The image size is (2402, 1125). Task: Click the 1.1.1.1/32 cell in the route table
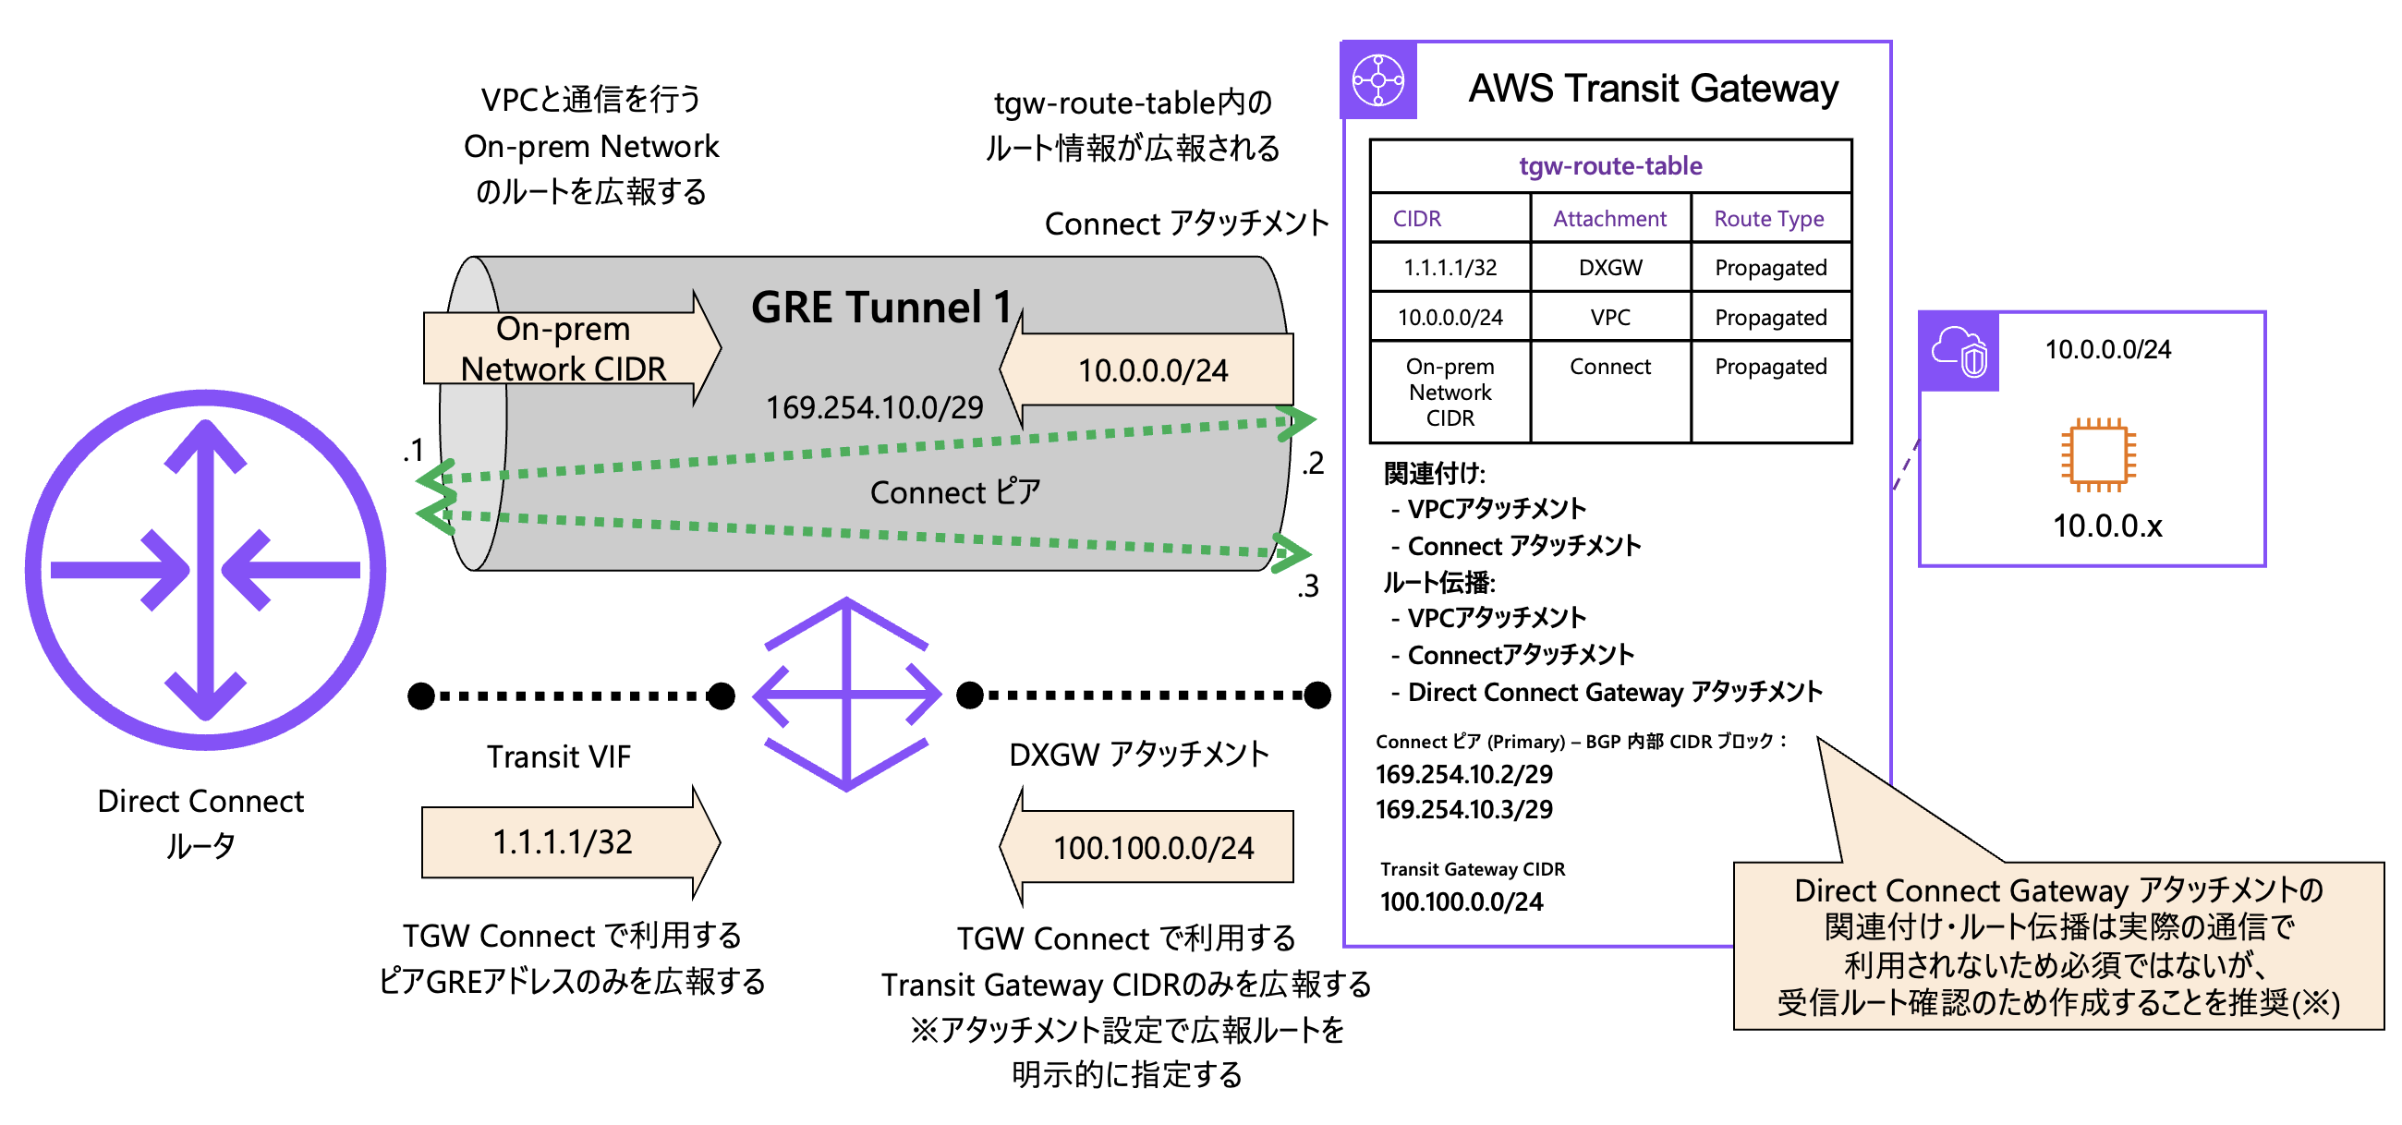tap(1450, 268)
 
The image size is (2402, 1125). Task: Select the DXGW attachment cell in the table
tap(1610, 268)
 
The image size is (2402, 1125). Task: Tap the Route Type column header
tap(1769, 219)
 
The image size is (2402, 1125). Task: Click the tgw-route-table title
tap(1610, 166)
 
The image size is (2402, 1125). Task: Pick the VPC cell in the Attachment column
tap(1610, 318)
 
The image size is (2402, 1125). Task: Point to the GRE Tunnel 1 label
tap(881, 308)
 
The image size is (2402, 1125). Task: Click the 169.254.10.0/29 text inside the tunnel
tap(874, 407)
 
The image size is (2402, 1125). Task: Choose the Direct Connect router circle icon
tap(205, 570)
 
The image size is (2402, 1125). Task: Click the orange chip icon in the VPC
tap(2098, 454)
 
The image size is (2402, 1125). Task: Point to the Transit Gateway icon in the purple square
tap(1378, 81)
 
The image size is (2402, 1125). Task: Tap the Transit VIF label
tap(559, 756)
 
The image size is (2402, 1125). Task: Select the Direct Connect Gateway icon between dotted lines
tap(846, 695)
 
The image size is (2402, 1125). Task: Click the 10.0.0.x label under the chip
tap(2106, 526)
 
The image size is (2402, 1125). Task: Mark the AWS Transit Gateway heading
tap(1654, 89)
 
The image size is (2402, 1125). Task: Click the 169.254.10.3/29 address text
tap(1464, 809)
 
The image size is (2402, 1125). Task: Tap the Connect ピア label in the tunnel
tap(955, 492)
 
